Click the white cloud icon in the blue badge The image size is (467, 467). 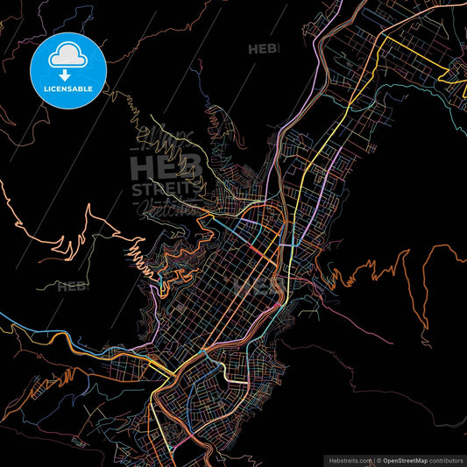pos(67,55)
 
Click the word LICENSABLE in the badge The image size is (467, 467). pos(67,88)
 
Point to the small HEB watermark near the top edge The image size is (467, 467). pos(262,49)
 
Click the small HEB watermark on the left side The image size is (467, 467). pos(72,287)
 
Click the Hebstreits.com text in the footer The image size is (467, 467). pos(348,459)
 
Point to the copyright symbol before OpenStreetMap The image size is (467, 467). pos(379,459)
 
